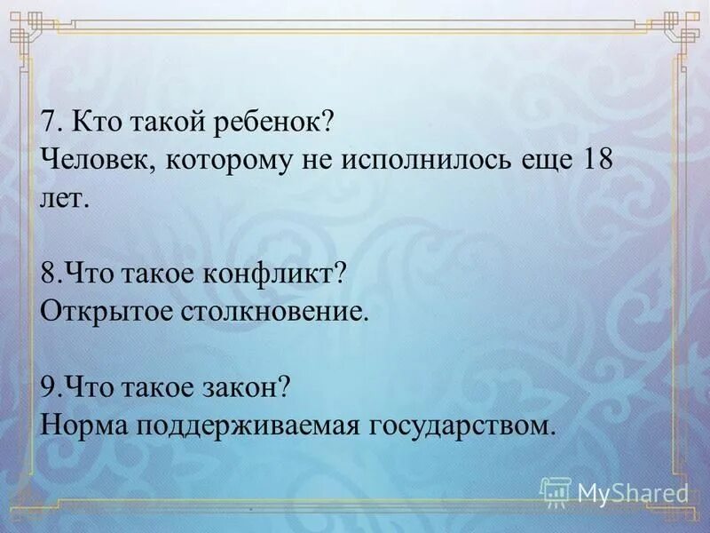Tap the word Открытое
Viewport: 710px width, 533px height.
click(x=97, y=311)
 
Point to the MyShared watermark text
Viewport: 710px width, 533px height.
click(x=633, y=492)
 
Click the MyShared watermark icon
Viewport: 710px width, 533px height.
click(x=556, y=491)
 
